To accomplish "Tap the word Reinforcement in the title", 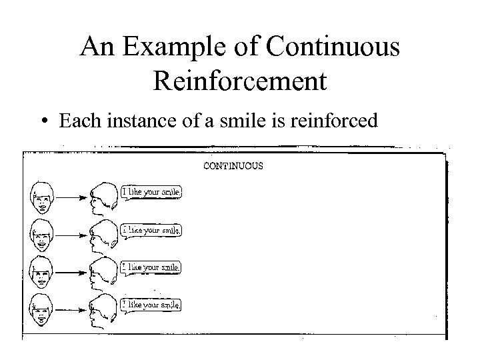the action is click(x=240, y=81).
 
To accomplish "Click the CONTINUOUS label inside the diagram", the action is click(x=233, y=165).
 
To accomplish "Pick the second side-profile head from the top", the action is click(x=103, y=233).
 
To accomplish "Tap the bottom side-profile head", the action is click(x=103, y=309).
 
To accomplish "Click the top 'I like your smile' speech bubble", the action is click(x=151, y=193).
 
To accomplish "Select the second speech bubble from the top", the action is click(x=151, y=231).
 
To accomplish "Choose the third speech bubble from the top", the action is click(x=151, y=268).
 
